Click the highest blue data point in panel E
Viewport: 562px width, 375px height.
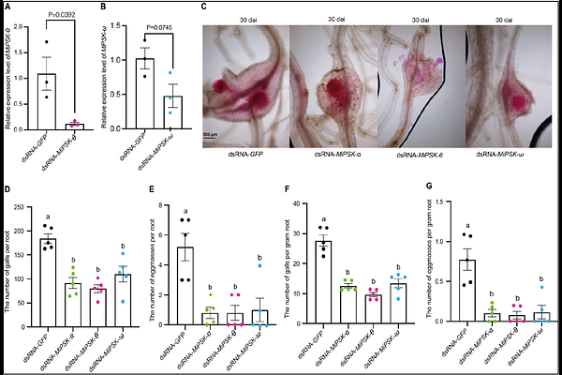click(x=263, y=266)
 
